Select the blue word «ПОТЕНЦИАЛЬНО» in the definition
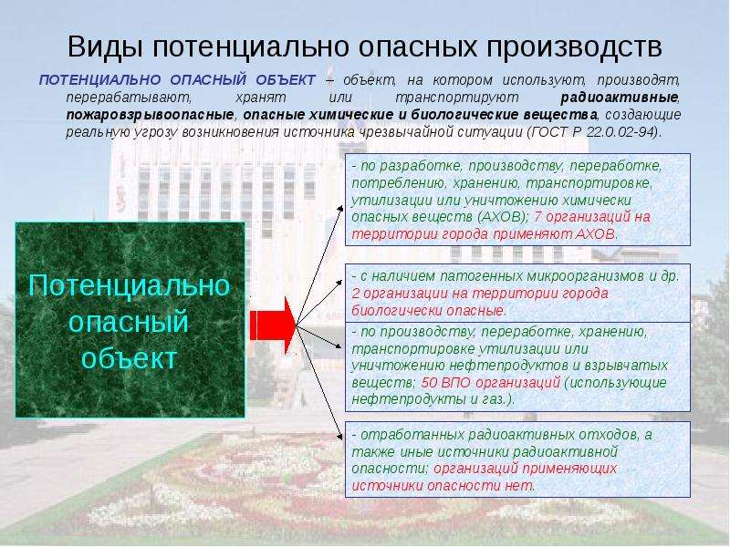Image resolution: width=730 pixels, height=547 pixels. [99, 80]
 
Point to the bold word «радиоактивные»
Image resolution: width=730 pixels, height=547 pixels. [620, 98]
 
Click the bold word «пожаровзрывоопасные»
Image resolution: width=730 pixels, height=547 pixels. [150, 115]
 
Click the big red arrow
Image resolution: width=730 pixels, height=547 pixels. [273, 325]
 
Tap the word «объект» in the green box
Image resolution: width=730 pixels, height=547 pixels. [130, 358]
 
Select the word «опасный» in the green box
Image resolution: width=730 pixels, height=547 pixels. [129, 322]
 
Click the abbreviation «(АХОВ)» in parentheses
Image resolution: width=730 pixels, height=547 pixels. [503, 217]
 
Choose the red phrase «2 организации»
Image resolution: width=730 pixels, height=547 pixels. [396, 294]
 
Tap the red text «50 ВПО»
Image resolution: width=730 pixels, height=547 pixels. [446, 383]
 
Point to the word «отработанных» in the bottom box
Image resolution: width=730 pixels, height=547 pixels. [412, 435]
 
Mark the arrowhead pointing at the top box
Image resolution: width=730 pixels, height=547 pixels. [340, 209]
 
